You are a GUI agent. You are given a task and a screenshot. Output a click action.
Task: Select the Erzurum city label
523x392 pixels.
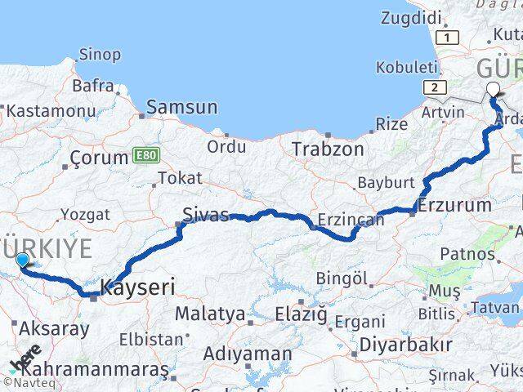[454, 204]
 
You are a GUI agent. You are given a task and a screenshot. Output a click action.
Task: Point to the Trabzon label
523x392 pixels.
[329, 149]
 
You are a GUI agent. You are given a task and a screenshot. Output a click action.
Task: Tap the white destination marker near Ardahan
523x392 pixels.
[493, 91]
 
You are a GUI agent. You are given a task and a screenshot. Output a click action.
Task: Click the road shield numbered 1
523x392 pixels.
[447, 38]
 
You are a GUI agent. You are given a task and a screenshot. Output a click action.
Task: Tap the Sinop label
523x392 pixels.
[100, 55]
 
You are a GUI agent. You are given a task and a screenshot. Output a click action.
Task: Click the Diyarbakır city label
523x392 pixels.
[405, 345]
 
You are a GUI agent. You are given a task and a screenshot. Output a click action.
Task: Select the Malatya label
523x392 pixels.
[210, 314]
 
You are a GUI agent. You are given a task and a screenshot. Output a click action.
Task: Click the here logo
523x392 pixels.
[25, 358]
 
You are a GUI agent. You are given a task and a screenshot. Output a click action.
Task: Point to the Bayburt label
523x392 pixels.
[387, 182]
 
